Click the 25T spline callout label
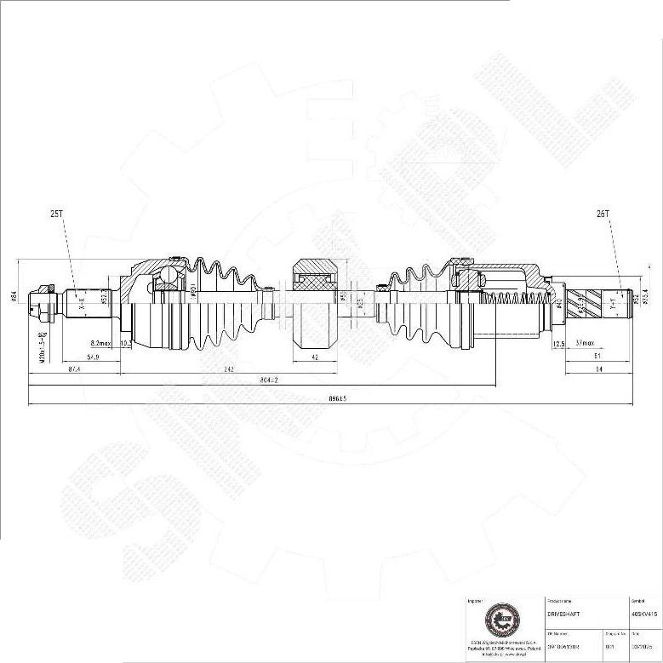click(x=57, y=215)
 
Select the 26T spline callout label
click(x=603, y=215)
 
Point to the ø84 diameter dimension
click(x=14, y=296)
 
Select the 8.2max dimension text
click(x=100, y=343)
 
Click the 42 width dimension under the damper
click(x=315, y=358)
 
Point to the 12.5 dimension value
click(x=558, y=344)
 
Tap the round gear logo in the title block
click(x=500, y=619)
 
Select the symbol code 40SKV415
click(x=643, y=613)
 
